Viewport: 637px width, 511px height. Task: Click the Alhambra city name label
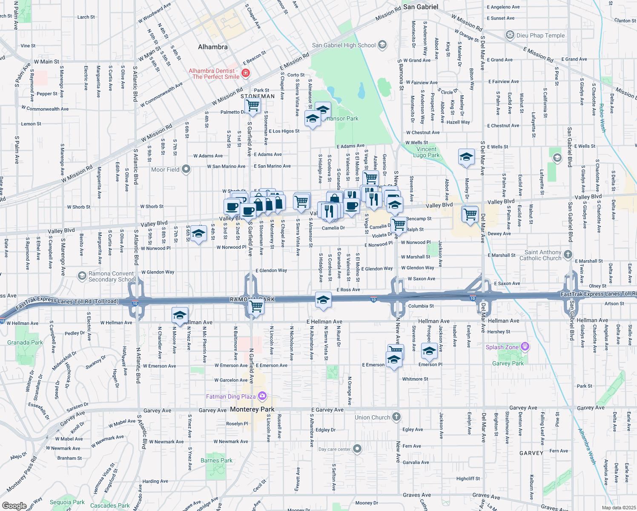tap(212, 47)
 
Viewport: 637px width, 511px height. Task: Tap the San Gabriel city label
tap(420, 7)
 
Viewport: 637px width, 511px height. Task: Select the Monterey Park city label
tap(252, 409)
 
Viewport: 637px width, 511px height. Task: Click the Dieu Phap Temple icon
tap(510, 35)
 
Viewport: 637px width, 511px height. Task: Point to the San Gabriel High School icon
tap(382, 45)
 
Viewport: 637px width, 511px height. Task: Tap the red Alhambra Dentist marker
tap(245, 74)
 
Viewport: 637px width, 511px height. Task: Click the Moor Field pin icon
tap(186, 169)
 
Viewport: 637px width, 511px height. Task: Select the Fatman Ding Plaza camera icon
tap(262, 396)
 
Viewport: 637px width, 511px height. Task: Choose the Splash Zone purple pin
tap(525, 347)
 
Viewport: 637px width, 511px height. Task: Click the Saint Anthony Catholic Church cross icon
tap(568, 255)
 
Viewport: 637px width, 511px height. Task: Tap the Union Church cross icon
tap(396, 417)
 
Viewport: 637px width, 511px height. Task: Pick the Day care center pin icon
tap(357, 449)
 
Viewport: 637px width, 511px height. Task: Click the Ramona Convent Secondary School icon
tap(82, 276)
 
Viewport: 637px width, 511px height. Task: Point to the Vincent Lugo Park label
tap(426, 152)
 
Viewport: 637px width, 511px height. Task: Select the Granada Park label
tap(25, 342)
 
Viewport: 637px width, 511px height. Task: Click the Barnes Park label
tap(216, 460)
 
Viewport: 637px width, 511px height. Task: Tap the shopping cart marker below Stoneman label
tap(253, 105)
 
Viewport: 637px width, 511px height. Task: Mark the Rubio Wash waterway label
tap(602, 118)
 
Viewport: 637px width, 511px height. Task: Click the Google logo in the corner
tap(14, 505)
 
